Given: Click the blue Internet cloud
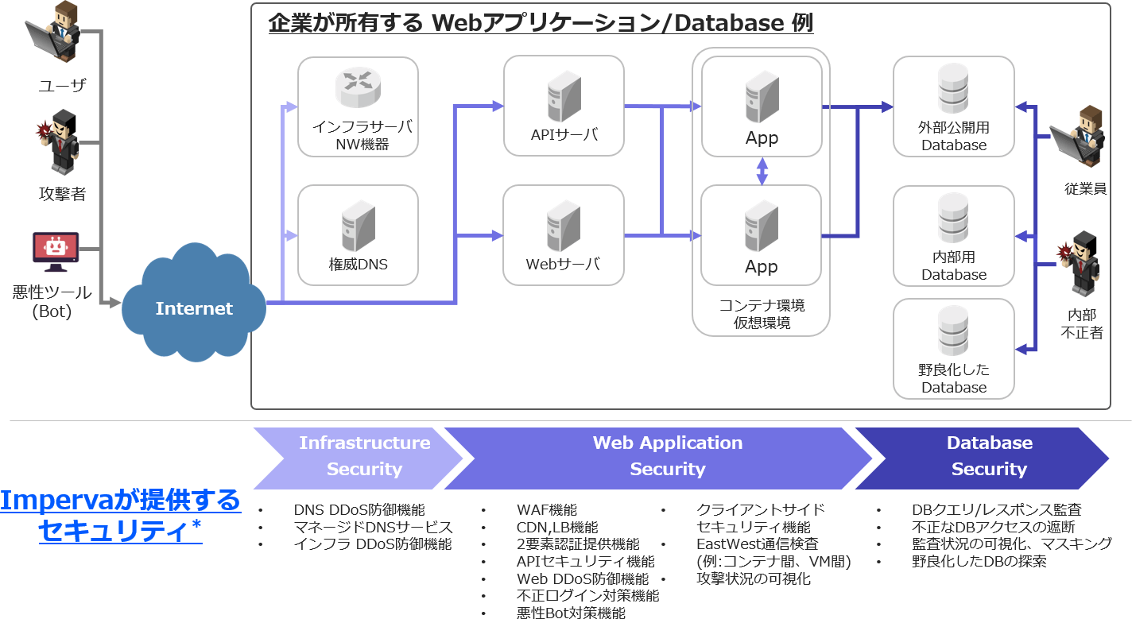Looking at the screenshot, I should (x=193, y=306).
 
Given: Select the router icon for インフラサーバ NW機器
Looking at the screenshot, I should (x=359, y=87).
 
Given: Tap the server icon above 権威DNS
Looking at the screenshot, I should (x=358, y=226).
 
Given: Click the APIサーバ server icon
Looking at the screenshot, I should (x=564, y=97).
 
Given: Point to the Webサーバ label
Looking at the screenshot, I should (x=563, y=264).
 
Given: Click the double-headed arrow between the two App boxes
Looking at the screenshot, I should (x=762, y=171).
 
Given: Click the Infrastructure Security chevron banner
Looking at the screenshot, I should (x=358, y=456).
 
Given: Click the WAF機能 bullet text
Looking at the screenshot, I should (x=546, y=510).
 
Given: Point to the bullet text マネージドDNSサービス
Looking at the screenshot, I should (x=373, y=527).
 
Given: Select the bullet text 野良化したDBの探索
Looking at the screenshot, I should (x=979, y=561).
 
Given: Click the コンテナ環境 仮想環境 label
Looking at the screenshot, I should (x=762, y=315).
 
